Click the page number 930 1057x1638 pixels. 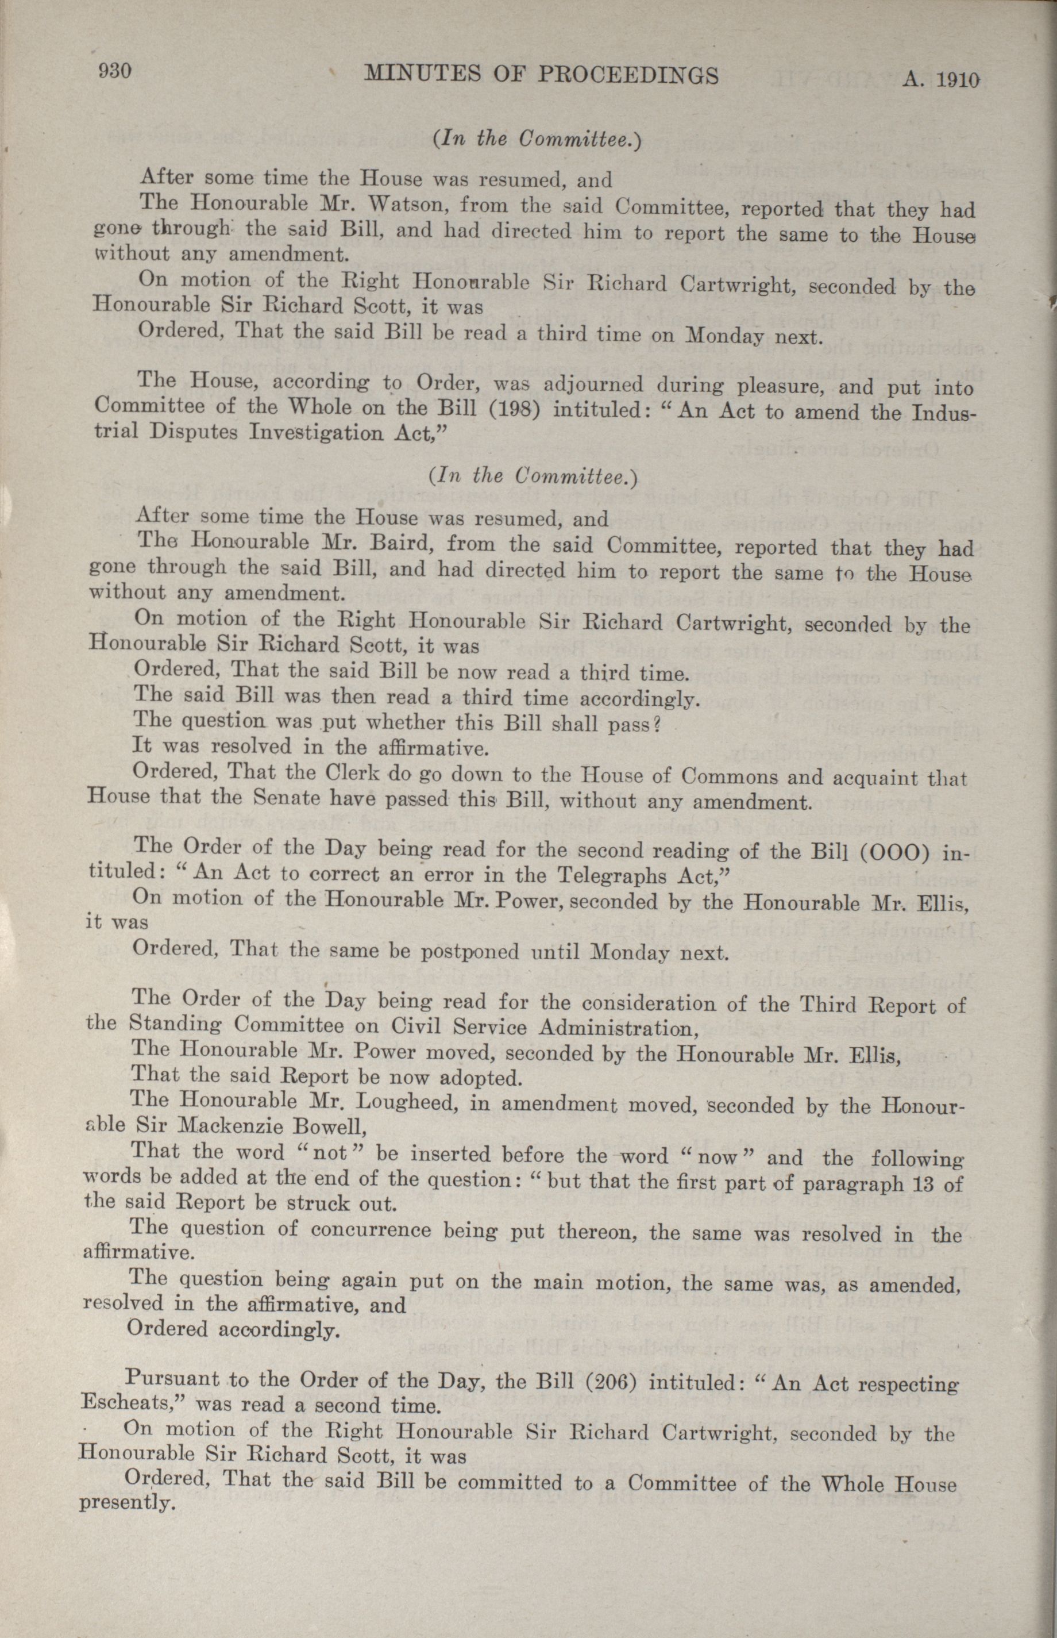coord(115,71)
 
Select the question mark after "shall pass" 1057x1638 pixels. coord(656,725)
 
